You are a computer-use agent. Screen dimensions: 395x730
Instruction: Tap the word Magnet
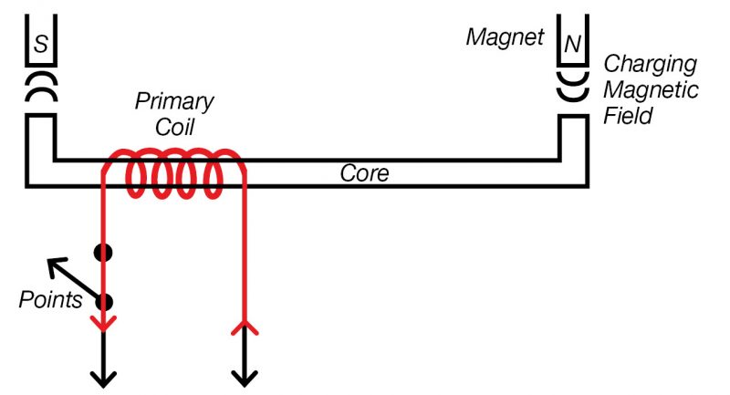coord(505,37)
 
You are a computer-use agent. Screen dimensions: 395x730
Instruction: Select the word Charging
coord(651,65)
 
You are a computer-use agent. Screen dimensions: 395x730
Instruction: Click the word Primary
coord(174,100)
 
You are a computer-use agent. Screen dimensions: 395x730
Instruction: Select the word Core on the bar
coord(364,173)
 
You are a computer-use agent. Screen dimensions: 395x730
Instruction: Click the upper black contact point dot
coord(104,253)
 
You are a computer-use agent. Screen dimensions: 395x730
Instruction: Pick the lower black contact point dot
coord(104,302)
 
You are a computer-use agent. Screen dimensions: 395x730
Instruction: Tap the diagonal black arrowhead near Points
coord(56,265)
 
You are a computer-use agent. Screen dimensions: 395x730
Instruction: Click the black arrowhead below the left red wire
coord(104,377)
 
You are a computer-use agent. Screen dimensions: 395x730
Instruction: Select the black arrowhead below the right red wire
coord(245,377)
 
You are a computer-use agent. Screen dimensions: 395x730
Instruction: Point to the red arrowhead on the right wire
coord(245,326)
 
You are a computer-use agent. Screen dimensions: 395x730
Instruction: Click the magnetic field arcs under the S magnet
coord(39,89)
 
